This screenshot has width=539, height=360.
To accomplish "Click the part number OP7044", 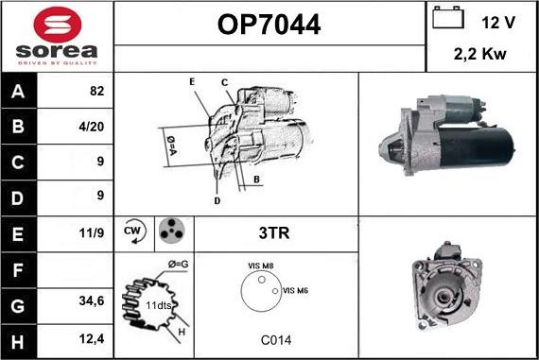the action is (x=269, y=25).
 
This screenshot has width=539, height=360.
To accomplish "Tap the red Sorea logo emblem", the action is (x=58, y=25).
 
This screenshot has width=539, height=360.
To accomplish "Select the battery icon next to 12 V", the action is (x=448, y=17).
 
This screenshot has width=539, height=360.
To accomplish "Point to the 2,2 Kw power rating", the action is (x=479, y=54).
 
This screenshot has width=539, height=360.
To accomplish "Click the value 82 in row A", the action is (x=97, y=91).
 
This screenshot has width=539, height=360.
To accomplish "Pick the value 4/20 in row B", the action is (x=91, y=127).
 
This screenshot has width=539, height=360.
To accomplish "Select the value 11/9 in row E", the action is (x=92, y=232).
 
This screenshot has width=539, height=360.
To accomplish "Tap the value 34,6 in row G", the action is (x=92, y=300).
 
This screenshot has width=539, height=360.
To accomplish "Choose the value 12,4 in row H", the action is (x=92, y=339).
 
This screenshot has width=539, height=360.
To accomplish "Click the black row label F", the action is (x=18, y=270).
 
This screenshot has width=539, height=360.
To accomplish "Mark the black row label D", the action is (x=18, y=198).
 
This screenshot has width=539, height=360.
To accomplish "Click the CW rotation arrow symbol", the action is (x=134, y=231).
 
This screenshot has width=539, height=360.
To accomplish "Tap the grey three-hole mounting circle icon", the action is (x=172, y=231).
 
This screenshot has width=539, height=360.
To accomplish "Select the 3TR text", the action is (x=274, y=232).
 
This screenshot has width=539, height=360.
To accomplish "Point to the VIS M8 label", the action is (x=261, y=266).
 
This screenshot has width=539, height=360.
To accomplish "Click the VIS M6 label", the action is (x=295, y=291).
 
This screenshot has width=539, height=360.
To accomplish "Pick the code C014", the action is (x=276, y=340).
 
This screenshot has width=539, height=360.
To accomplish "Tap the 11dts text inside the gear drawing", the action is (x=159, y=305).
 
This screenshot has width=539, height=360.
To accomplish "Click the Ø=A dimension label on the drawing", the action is (x=171, y=146).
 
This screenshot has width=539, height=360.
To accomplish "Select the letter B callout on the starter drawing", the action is (x=256, y=180).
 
